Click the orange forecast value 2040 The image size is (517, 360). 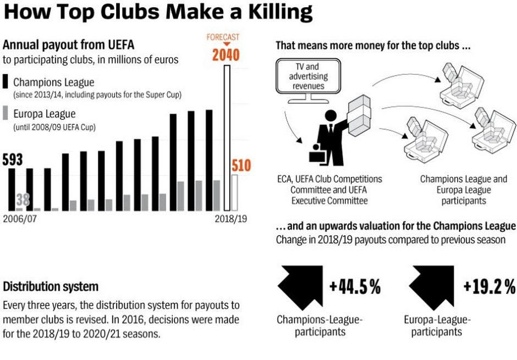pos(226,55)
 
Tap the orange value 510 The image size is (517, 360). pos(241,165)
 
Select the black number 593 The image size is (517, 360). pos(13,160)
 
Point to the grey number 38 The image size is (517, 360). pos(23,199)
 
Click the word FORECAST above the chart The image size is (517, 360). pos(223,37)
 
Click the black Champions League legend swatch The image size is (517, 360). pos(6,82)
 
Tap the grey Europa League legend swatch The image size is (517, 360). pos(6,113)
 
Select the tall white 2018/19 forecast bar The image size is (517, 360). pos(227,137)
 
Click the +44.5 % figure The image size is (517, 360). pos(355,287)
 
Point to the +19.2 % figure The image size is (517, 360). pos(489,287)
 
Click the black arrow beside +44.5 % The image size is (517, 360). pos(299,286)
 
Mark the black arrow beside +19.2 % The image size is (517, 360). pos(432,286)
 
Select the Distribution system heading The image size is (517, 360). pos(51,287)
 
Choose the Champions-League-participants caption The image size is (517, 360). pos(320,325)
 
